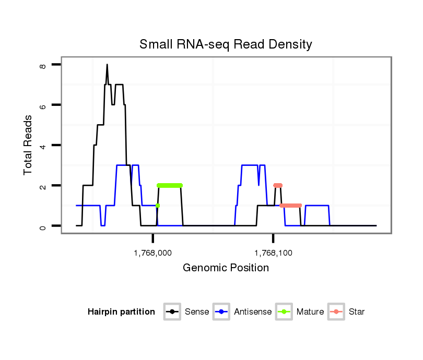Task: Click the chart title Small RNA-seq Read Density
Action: point(226,44)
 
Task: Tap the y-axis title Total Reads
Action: point(29,145)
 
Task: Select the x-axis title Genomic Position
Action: point(226,268)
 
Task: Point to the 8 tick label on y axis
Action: point(43,65)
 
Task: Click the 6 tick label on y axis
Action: point(43,105)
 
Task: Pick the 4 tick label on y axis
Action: point(43,146)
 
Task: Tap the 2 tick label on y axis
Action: point(43,186)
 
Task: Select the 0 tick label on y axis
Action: point(43,226)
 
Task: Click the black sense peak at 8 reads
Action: point(107,65)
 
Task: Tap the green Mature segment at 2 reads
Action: point(170,185)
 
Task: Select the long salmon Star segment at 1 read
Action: point(291,206)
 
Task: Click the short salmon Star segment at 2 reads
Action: point(278,185)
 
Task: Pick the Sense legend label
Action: point(197,312)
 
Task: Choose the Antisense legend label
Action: point(253,312)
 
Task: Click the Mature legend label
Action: point(310,312)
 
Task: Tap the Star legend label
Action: point(357,312)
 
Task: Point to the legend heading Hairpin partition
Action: point(121,312)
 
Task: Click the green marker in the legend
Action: point(285,312)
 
